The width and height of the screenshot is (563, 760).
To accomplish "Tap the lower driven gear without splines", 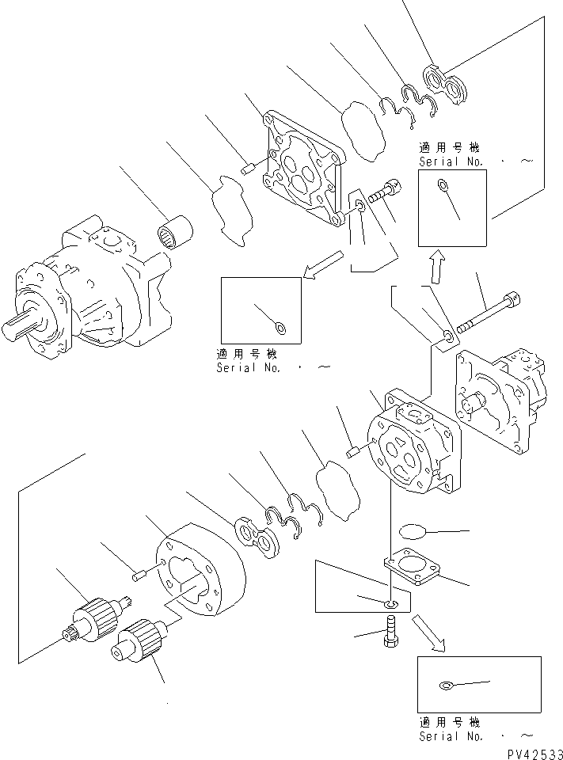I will pyautogui.click(x=138, y=638).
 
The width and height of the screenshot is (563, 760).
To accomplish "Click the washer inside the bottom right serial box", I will pyautogui.click(x=446, y=685).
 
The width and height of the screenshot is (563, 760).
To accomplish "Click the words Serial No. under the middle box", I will pyautogui.click(x=249, y=368).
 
